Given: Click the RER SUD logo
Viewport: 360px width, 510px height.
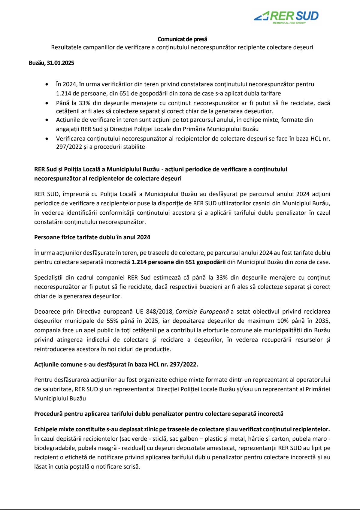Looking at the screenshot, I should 286,16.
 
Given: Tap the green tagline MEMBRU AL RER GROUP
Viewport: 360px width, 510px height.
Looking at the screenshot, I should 289,23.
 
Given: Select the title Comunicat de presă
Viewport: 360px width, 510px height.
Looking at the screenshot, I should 182,39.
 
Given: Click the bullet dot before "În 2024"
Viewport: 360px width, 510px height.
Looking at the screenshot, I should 47,84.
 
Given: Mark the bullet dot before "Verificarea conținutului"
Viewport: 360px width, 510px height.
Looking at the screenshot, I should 47,139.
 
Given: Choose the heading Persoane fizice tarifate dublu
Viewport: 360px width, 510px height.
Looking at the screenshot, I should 92,237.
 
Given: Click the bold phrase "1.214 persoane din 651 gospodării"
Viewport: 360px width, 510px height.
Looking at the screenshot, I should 178,262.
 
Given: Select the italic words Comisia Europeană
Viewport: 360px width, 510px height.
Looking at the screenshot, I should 202,312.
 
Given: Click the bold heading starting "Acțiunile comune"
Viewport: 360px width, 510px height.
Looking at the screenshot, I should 116,364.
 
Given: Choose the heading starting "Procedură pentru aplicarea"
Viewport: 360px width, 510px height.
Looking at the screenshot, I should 159,414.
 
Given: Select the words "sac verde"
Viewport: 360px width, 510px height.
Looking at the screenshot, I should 134,439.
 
